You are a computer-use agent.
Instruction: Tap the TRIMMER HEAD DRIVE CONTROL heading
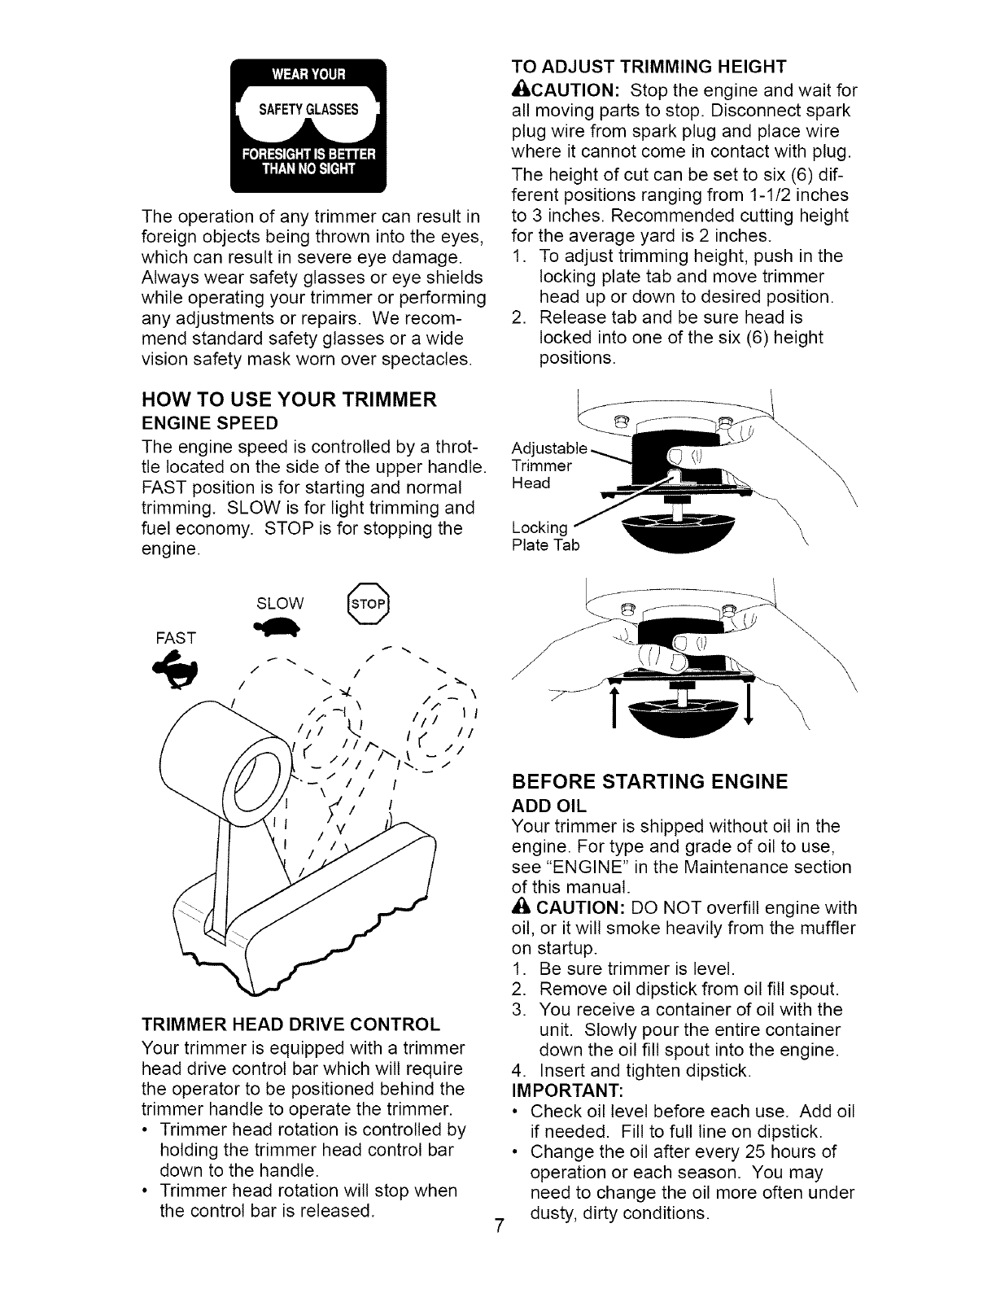click(x=290, y=1024)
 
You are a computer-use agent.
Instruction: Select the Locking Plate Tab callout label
click(x=545, y=536)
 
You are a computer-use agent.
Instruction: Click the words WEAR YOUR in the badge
click(x=308, y=76)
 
